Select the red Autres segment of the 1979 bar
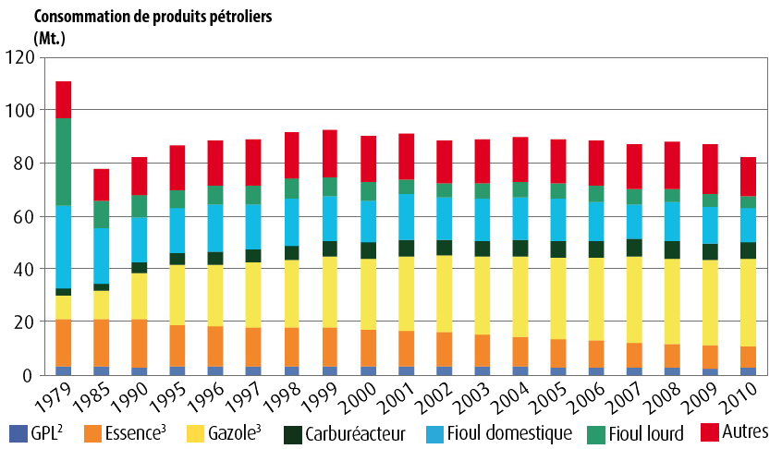pos(64,100)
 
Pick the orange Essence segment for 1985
pos(102,343)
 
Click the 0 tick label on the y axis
pos(29,375)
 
